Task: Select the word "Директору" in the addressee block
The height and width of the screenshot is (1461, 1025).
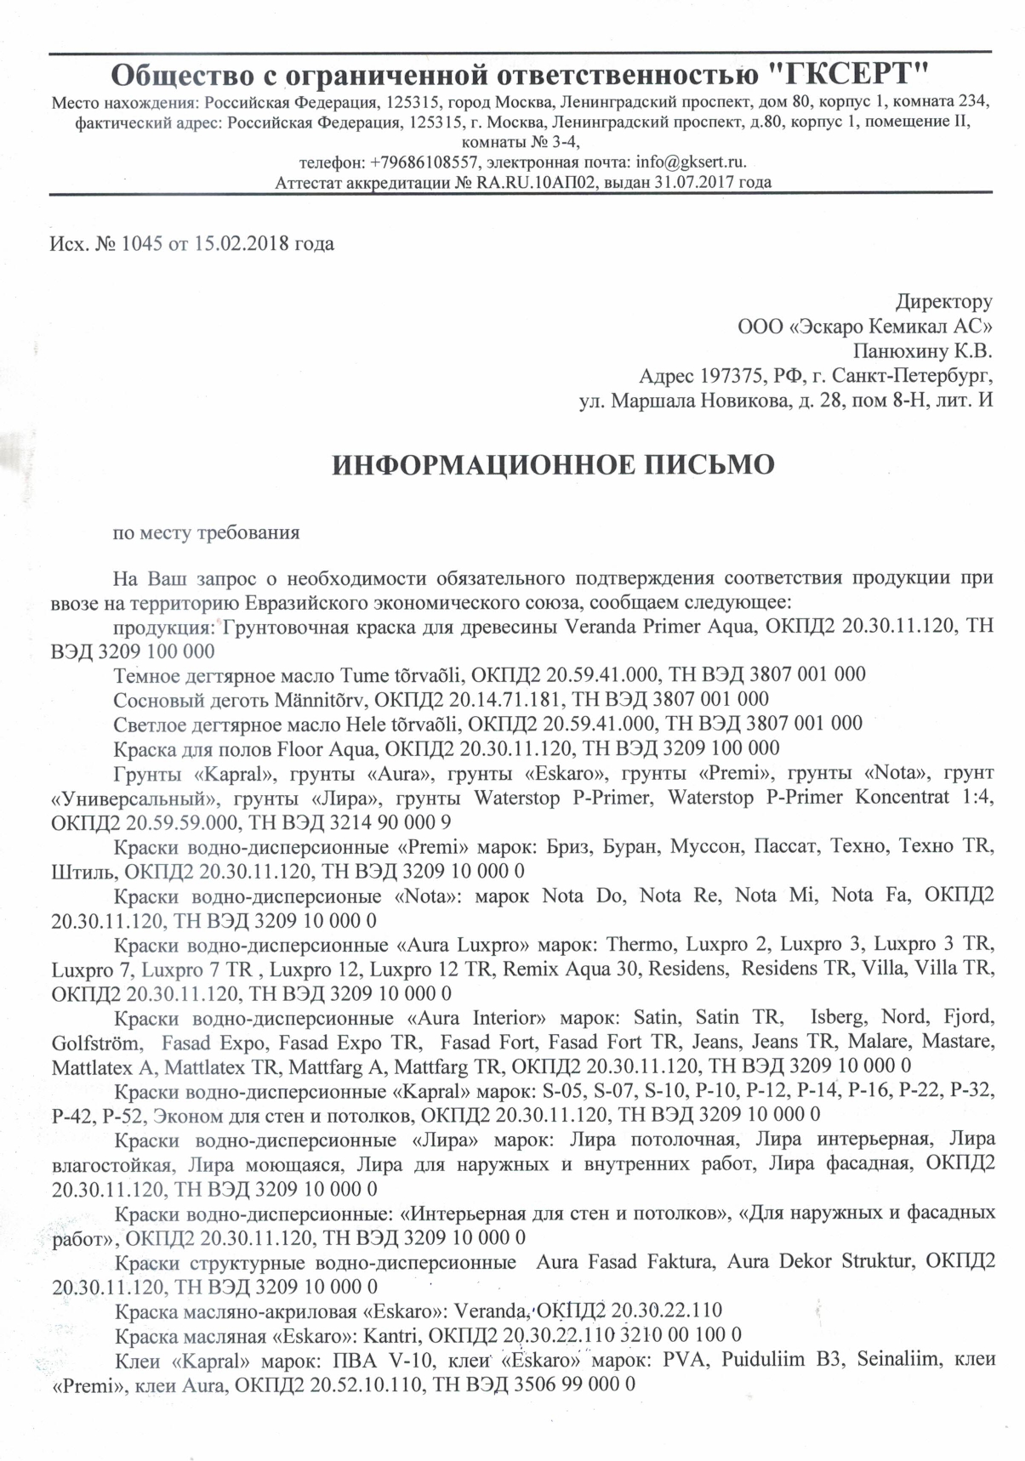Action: (x=943, y=301)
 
